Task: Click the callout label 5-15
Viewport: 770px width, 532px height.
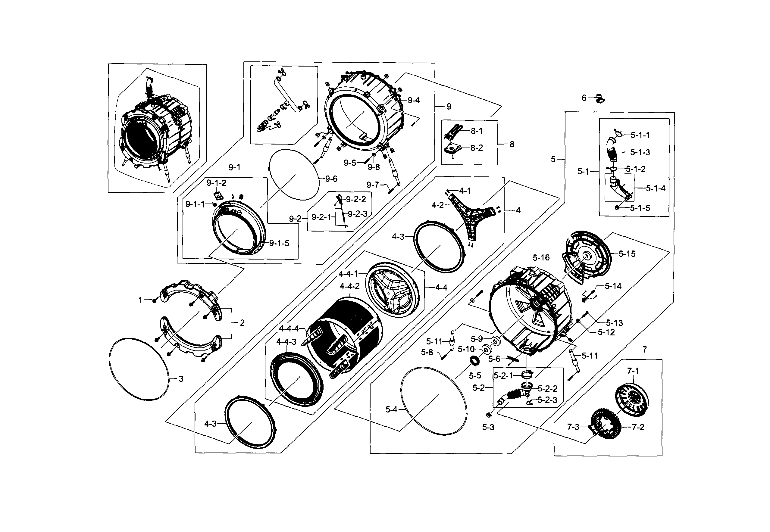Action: [x=627, y=254]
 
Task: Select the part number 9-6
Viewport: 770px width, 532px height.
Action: [x=331, y=179]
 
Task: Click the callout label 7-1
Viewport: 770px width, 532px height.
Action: [x=633, y=371]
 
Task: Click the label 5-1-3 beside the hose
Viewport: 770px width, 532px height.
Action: [x=640, y=152]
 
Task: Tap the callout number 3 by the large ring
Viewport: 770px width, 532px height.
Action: [x=181, y=379]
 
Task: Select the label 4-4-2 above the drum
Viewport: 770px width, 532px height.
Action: [x=349, y=286]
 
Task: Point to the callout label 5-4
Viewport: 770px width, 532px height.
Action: [x=392, y=409]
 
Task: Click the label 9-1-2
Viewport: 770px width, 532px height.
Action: [x=216, y=183]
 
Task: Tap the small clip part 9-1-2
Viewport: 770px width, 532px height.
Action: [x=218, y=196]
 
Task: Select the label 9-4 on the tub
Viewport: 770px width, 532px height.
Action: [x=414, y=100]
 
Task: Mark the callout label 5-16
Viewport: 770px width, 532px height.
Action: [x=541, y=258]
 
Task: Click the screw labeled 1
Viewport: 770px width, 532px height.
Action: [x=155, y=300]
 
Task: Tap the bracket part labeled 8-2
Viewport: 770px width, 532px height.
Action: [x=453, y=149]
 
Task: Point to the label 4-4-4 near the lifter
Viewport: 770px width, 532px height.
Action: [x=289, y=329]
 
